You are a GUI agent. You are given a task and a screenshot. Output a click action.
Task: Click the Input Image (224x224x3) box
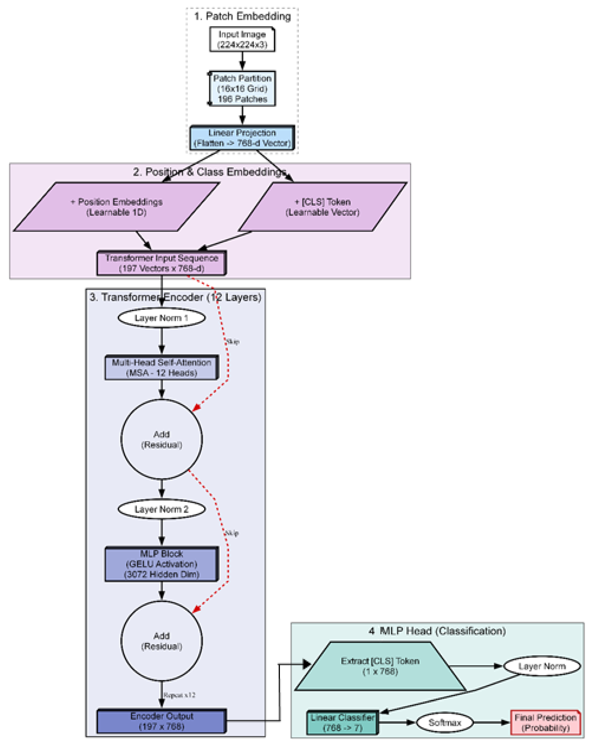coord(242,40)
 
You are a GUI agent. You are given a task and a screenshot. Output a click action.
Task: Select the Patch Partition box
coord(242,89)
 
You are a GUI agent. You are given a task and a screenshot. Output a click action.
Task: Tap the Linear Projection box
coord(242,138)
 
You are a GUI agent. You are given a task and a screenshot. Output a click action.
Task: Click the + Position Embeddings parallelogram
coord(117,207)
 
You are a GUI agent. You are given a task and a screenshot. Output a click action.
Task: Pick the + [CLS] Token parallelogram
coord(322,207)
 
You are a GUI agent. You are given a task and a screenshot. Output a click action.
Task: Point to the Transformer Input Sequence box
coord(162,263)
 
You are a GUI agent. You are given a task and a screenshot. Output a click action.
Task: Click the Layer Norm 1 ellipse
coord(162,318)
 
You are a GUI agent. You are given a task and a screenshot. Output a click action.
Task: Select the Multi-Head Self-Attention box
coord(162,368)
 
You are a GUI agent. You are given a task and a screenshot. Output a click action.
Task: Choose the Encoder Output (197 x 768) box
coord(162,721)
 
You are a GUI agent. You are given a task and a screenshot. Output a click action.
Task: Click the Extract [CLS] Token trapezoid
coord(380,666)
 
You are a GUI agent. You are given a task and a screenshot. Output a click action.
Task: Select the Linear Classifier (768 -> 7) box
coord(342,722)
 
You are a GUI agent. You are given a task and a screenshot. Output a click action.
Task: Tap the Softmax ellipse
coord(445,722)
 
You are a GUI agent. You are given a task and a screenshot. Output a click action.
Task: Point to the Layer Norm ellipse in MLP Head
coord(542,666)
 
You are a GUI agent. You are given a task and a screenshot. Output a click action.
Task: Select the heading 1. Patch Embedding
coord(242,16)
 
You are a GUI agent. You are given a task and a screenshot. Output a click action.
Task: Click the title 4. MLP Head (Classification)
coord(437,631)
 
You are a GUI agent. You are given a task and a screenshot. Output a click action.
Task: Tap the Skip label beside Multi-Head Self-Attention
coord(233,342)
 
